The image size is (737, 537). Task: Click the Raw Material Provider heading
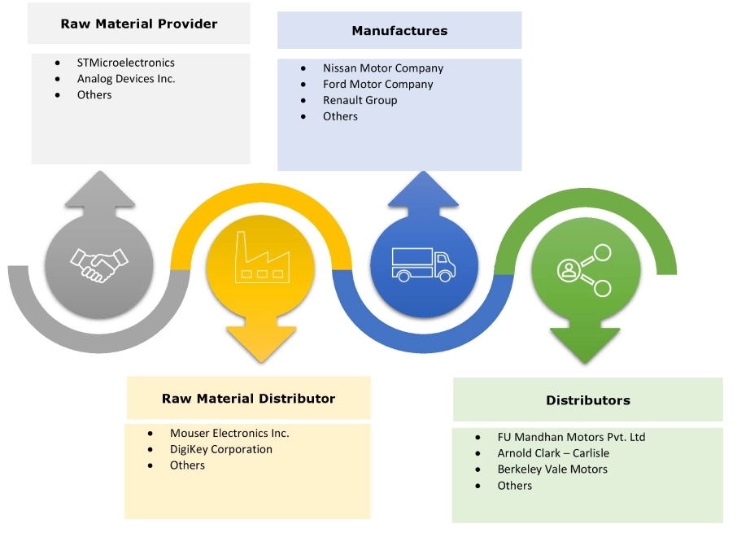tap(139, 24)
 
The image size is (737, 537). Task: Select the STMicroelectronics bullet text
tap(125, 63)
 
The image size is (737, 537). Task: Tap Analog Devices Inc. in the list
tap(126, 79)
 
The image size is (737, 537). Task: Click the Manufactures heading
tap(399, 31)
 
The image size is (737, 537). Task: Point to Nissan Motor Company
tap(383, 68)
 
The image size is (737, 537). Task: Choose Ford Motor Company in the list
tap(377, 85)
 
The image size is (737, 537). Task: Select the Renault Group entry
tap(360, 101)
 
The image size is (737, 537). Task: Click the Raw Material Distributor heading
tap(248, 399)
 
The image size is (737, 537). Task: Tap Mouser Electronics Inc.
tap(229, 434)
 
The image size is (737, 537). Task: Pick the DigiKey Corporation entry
tap(221, 450)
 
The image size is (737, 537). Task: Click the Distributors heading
tap(588, 400)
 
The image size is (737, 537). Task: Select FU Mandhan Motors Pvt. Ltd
tap(571, 438)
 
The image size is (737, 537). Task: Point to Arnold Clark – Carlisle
tap(553, 453)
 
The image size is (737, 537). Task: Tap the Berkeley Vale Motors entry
tap(552, 469)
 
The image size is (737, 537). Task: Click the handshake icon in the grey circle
tap(99, 264)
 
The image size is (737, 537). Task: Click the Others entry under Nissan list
tap(340, 116)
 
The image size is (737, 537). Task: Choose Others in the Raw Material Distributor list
tap(187, 465)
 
